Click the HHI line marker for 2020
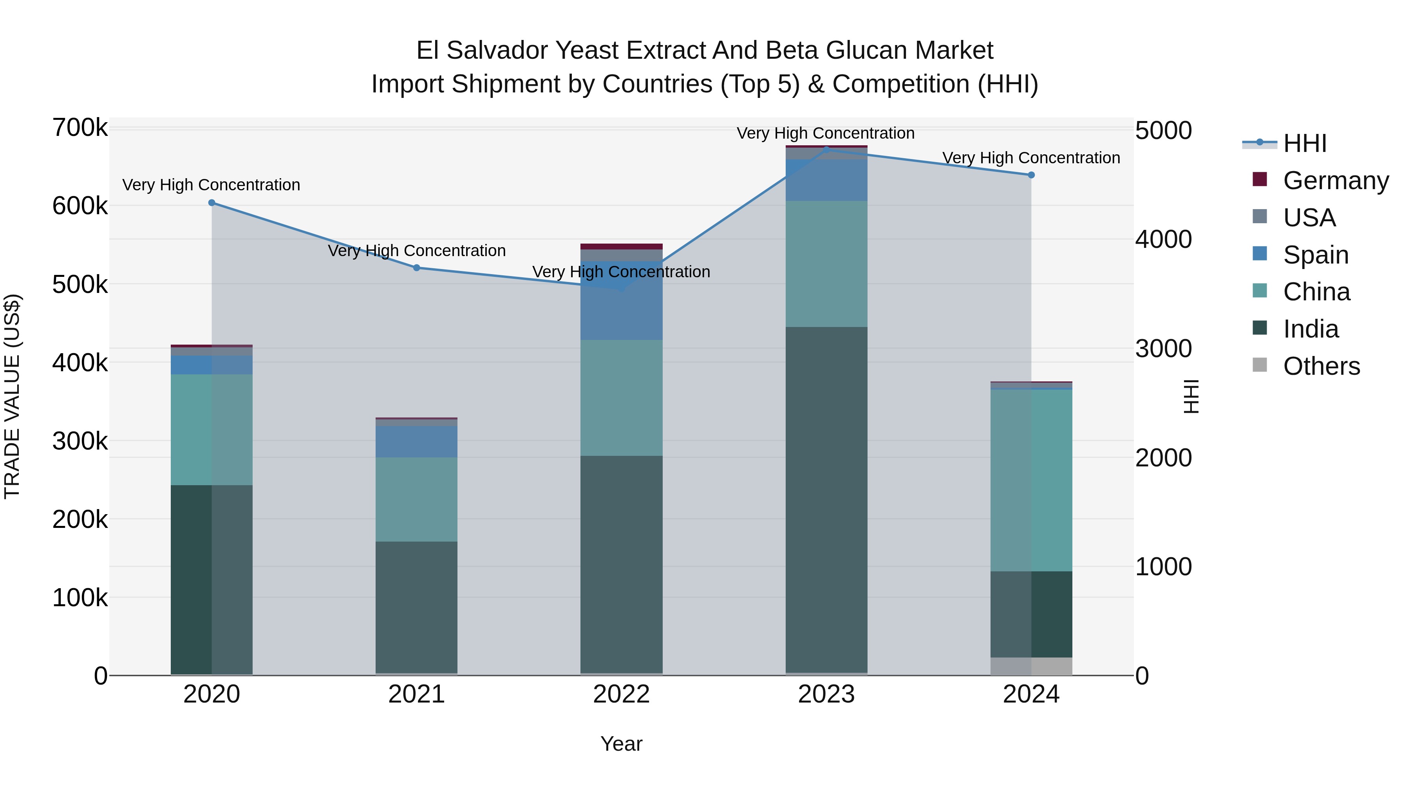coord(212,203)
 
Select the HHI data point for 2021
coord(417,267)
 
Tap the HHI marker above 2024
coord(1031,175)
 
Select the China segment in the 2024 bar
coord(1031,480)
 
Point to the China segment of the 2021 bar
coord(417,499)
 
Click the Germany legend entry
coord(1336,181)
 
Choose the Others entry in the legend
coord(1321,366)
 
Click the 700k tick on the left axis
coord(80,128)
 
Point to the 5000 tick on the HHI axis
coord(1163,131)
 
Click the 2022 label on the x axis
coord(621,694)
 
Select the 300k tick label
coord(80,441)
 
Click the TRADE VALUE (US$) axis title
coord(12,396)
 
